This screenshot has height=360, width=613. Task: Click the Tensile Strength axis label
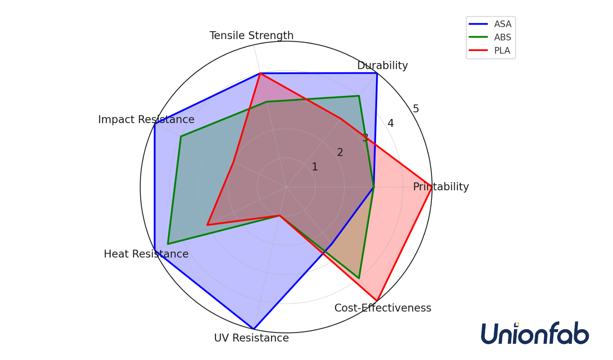(x=251, y=36)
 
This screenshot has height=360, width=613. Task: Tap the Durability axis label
(x=382, y=65)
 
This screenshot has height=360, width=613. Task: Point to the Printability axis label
(x=441, y=187)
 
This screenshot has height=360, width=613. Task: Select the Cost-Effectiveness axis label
(x=383, y=308)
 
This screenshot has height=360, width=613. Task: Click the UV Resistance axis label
(x=251, y=338)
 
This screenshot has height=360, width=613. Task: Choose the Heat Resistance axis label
(x=146, y=254)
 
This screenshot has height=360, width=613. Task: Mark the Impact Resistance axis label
(x=146, y=120)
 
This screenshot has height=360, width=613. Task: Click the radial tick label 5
(x=416, y=109)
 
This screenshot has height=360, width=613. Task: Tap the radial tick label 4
(x=390, y=123)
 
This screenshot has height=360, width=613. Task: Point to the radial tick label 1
(x=315, y=167)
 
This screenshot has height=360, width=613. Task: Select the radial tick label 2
(x=340, y=153)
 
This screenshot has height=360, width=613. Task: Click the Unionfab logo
(x=535, y=333)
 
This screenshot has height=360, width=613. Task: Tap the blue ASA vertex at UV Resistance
(x=253, y=329)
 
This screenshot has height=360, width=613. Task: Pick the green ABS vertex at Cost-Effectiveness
(x=359, y=278)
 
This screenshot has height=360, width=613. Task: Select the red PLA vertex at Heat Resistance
(x=207, y=225)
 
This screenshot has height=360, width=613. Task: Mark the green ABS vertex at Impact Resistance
(x=181, y=136)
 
